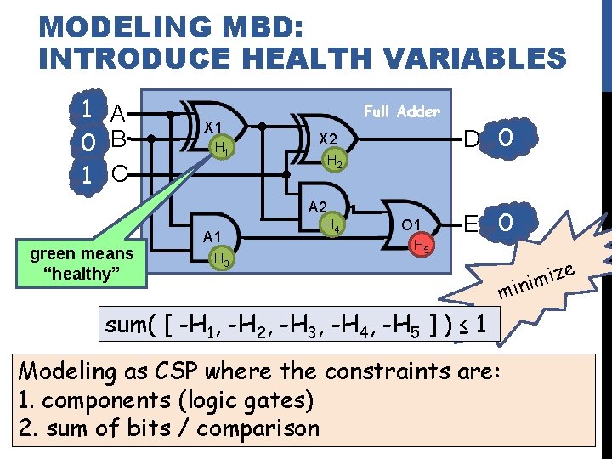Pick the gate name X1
tap(213, 124)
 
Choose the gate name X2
tap(328, 139)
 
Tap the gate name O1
tap(413, 225)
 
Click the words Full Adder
tap(401, 111)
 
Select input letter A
tap(119, 113)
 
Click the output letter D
tap(469, 138)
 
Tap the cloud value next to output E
tap(506, 224)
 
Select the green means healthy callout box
tap(82, 263)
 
